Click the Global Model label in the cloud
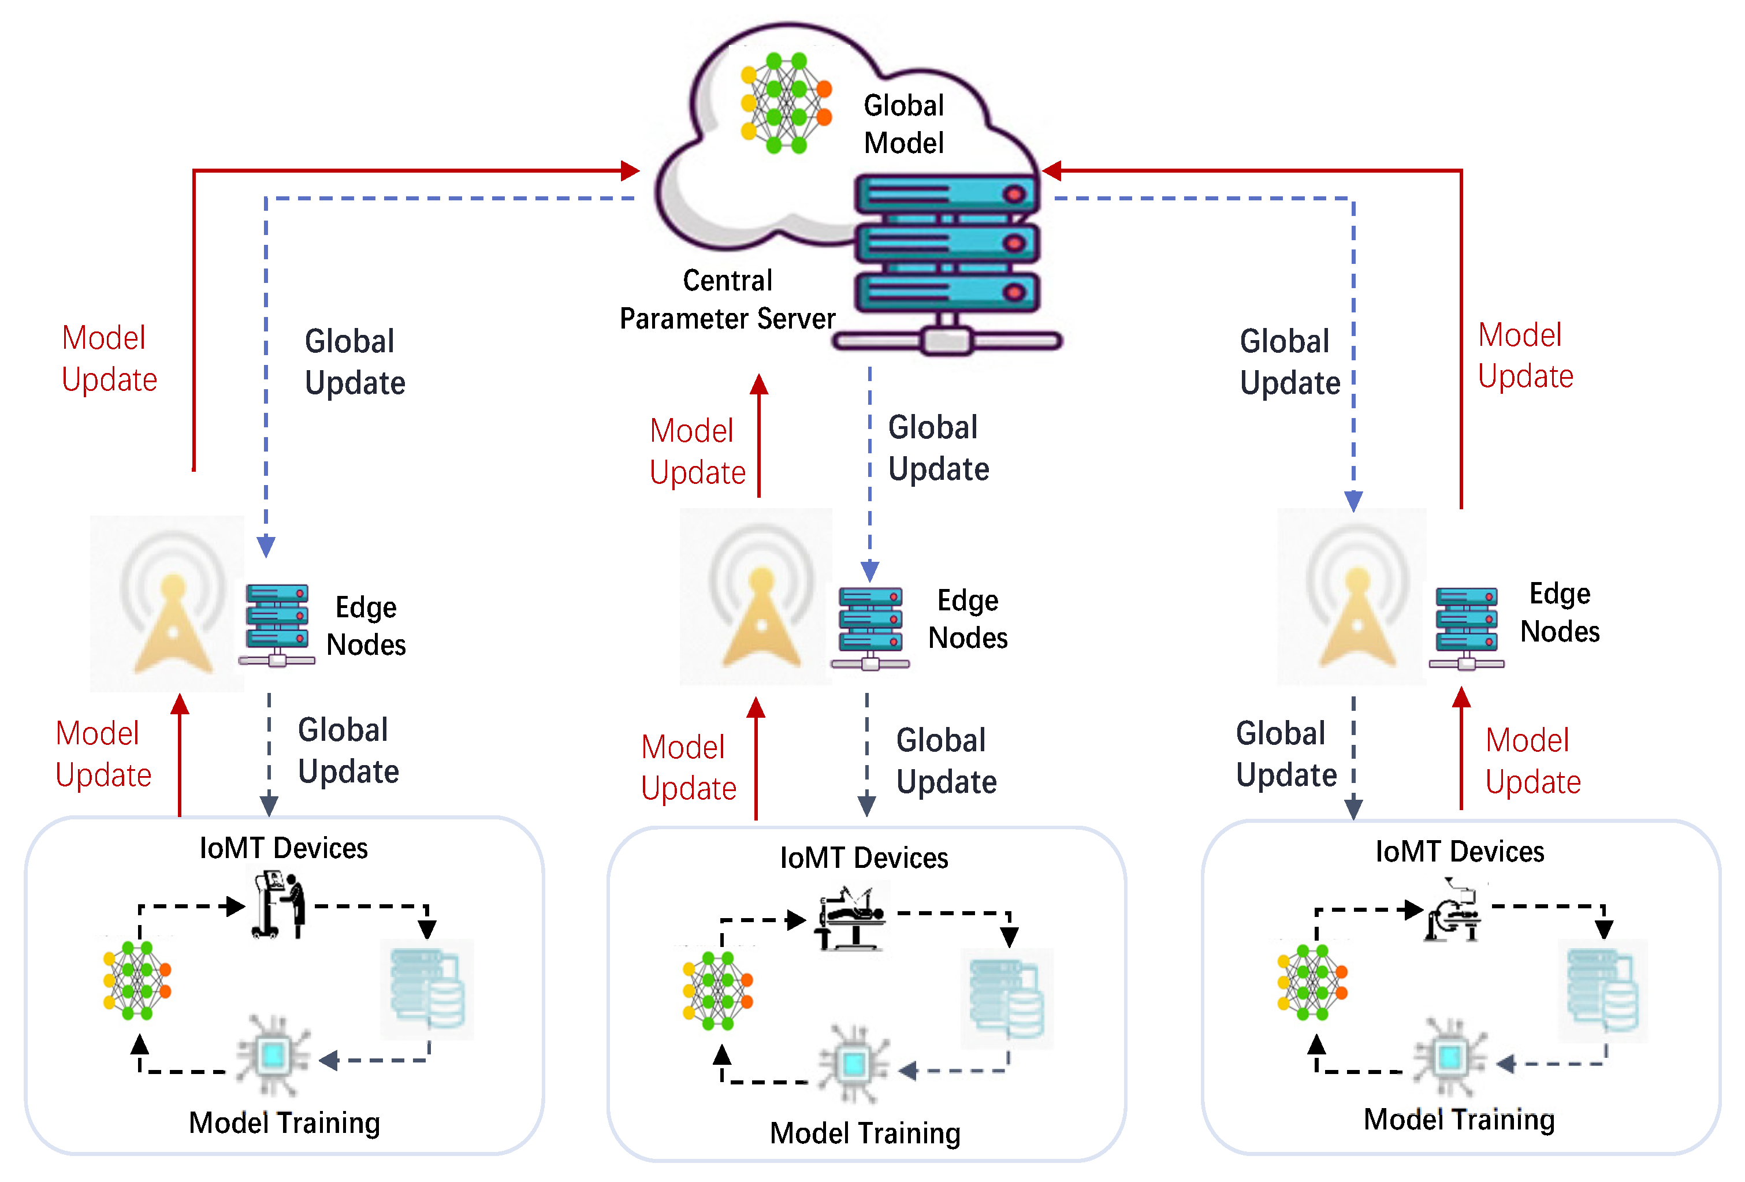pyautogui.click(x=903, y=124)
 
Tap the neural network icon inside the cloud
pyautogui.click(x=784, y=103)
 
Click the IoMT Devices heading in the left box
pyautogui.click(x=283, y=848)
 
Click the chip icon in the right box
pyautogui.click(x=1449, y=1057)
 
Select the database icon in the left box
pyautogui.click(x=427, y=989)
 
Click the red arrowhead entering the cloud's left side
pyautogui.click(x=631, y=171)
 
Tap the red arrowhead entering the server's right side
pyautogui.click(x=1051, y=171)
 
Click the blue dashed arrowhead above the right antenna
pyautogui.click(x=1353, y=501)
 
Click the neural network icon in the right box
pyautogui.click(x=1312, y=982)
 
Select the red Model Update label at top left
pyautogui.click(x=109, y=358)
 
